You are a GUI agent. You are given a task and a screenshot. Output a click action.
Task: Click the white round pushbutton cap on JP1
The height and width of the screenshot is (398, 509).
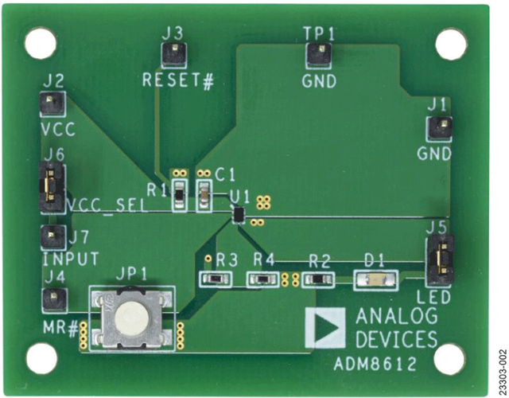pyautogui.click(x=131, y=318)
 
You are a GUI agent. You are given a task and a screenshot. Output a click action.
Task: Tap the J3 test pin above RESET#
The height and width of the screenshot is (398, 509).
pyautogui.click(x=174, y=55)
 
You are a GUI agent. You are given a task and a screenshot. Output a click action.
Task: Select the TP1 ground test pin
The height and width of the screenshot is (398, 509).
pyautogui.click(x=318, y=55)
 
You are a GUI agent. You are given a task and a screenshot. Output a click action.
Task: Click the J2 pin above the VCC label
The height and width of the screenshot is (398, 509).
pyautogui.click(x=52, y=103)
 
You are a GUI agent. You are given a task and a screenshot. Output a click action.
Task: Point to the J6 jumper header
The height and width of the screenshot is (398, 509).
pyautogui.click(x=51, y=188)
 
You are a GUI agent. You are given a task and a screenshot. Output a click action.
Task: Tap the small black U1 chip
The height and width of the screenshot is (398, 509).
pyautogui.click(x=239, y=214)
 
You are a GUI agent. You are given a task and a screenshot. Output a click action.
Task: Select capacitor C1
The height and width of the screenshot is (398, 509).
pyautogui.click(x=204, y=196)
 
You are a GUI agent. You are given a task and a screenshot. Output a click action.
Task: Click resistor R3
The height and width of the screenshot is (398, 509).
pyautogui.click(x=216, y=279)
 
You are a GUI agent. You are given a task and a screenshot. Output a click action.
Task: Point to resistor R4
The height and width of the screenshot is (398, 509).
pyautogui.click(x=262, y=279)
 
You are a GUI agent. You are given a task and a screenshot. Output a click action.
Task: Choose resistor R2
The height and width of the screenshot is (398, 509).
pyautogui.click(x=318, y=279)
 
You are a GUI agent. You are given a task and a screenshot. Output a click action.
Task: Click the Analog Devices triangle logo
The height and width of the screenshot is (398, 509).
pyautogui.click(x=325, y=327)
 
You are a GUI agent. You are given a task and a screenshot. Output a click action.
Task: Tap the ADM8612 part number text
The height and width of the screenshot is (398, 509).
pyautogui.click(x=375, y=365)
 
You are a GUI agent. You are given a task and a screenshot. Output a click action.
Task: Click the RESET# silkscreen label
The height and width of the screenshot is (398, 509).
pyautogui.click(x=178, y=80)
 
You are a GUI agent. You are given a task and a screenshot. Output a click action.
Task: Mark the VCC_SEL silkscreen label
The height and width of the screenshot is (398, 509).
pyautogui.click(x=107, y=205)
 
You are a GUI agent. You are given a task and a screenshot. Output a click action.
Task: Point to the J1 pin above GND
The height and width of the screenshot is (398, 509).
pyautogui.click(x=439, y=128)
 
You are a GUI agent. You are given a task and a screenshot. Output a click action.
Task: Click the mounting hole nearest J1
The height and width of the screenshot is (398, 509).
pyautogui.click(x=451, y=45)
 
